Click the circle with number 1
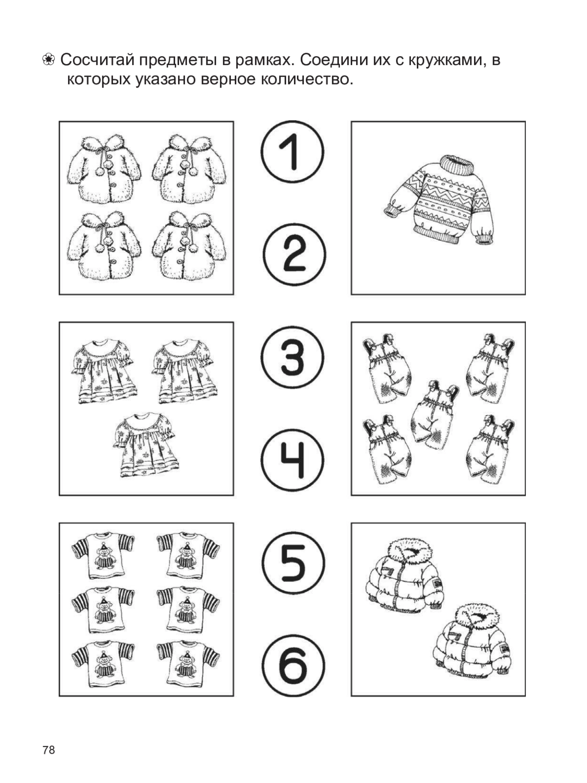[293, 152]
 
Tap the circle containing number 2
[294, 254]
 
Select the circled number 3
[293, 358]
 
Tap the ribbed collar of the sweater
[457, 165]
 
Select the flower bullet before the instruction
[48, 60]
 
